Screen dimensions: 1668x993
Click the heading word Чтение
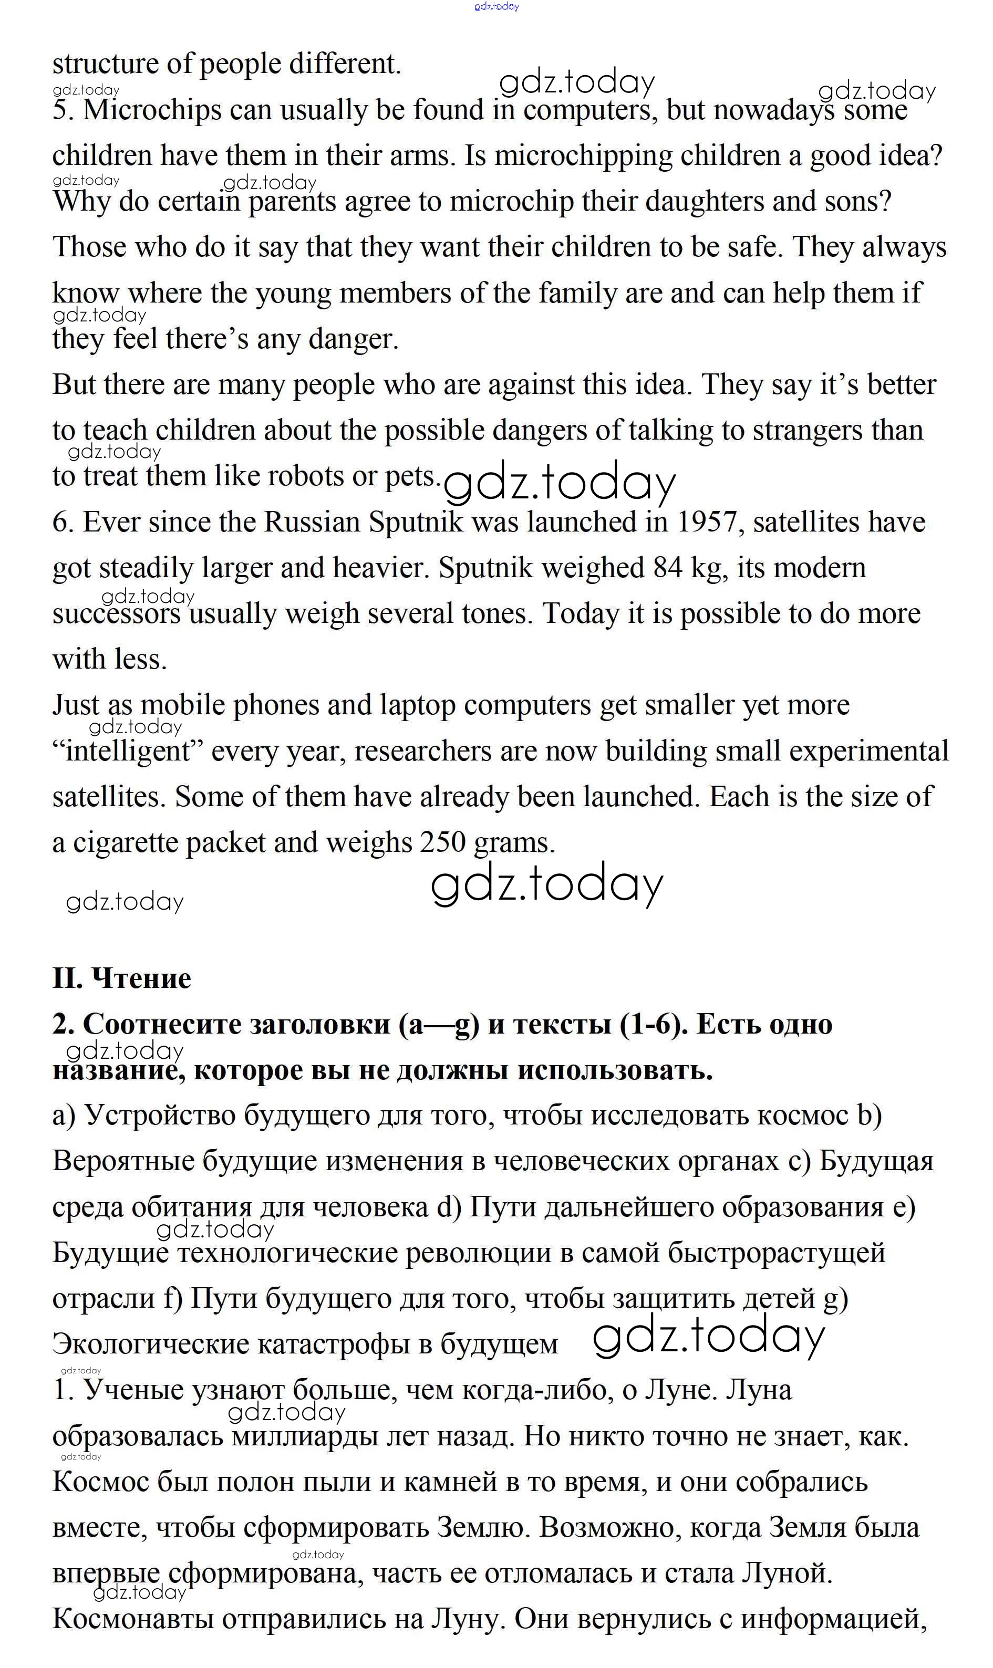(x=141, y=978)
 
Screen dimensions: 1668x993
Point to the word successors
(x=117, y=614)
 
